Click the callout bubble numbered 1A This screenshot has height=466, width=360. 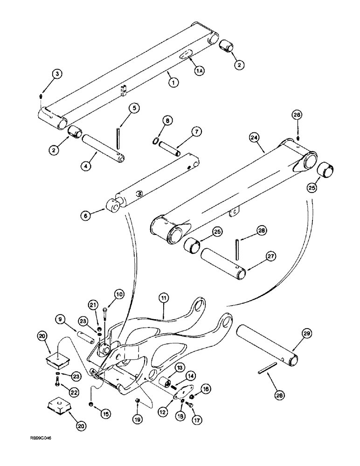pos(200,70)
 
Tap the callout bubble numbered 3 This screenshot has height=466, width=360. pos(56,74)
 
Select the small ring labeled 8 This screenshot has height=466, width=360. pos(156,141)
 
